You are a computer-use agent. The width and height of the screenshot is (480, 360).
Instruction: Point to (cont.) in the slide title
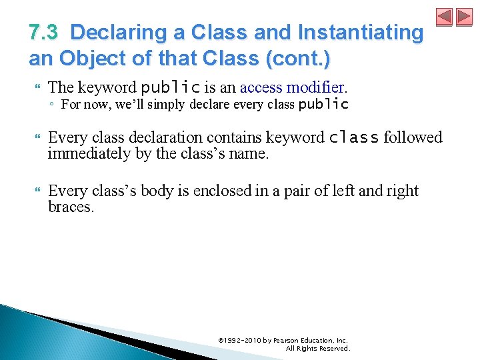click(x=297, y=58)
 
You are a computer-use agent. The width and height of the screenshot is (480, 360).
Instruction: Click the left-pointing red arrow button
click(x=444, y=17)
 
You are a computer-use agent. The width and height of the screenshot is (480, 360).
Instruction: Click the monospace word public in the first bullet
click(x=171, y=87)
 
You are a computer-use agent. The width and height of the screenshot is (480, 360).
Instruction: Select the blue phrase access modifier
click(x=293, y=87)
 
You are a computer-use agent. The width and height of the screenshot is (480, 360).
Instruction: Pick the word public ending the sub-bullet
click(x=323, y=104)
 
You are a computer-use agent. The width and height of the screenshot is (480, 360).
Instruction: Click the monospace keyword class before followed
click(x=355, y=137)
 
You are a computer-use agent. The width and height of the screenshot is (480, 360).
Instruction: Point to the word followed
click(x=413, y=137)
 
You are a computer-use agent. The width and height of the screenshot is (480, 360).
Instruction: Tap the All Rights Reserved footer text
click(x=317, y=348)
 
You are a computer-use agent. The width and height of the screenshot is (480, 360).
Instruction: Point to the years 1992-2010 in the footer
click(x=243, y=340)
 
